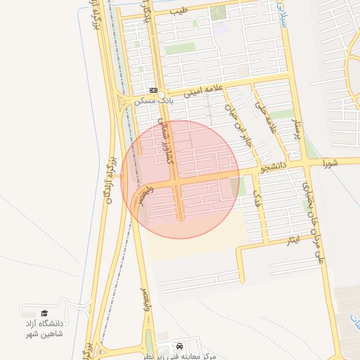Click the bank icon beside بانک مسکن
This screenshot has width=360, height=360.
pos(153,90)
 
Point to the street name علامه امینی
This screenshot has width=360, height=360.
pos(203,89)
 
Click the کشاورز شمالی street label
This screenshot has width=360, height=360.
pos(165,141)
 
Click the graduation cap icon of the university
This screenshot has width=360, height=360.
pos(45,313)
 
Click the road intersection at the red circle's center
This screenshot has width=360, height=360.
pos(179,181)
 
